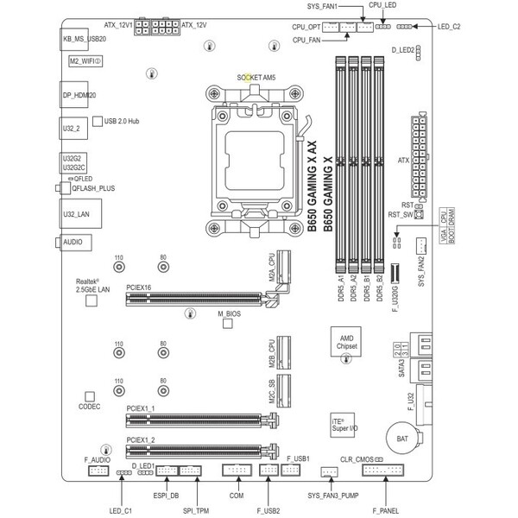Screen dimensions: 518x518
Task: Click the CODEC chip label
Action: pyautogui.click(x=89, y=405)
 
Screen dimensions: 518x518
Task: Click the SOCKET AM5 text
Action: pyautogui.click(x=256, y=77)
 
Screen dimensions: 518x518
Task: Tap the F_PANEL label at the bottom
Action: pyautogui.click(x=385, y=511)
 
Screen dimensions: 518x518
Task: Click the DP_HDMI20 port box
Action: pyautogui.click(x=79, y=95)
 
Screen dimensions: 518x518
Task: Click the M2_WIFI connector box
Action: pyautogui.click(x=86, y=62)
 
